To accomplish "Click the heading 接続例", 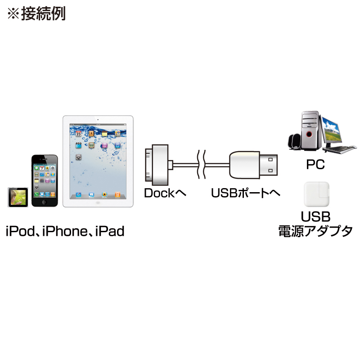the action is click(43, 13).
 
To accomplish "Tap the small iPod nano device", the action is click(18, 197).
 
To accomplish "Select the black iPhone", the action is click(45, 181).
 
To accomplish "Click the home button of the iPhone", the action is click(45, 202).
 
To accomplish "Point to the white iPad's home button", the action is click(98, 203).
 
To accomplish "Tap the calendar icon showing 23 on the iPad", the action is click(78, 134).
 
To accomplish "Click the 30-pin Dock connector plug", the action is click(157, 165).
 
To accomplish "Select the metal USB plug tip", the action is click(269, 165).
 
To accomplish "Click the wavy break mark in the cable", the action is click(201, 164).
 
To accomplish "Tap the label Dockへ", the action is click(165, 193).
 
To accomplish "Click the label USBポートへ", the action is click(245, 193).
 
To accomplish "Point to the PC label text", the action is click(315, 164).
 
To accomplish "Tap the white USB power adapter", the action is click(316, 194).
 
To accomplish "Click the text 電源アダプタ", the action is click(315, 231).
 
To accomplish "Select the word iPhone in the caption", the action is click(65, 231).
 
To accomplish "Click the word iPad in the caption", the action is click(110, 231).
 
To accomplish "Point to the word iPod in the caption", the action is click(20, 231).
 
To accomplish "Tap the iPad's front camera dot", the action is click(98, 120).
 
